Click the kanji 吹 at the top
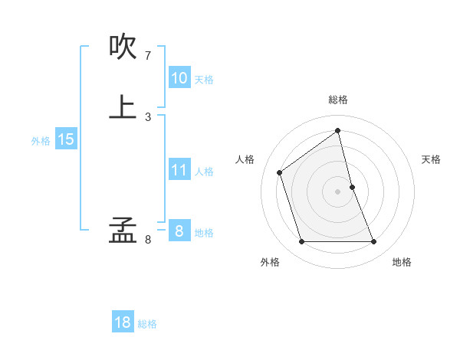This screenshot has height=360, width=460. [x=123, y=47]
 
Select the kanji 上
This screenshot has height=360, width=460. [x=123, y=106]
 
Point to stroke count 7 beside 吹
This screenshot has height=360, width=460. [x=147, y=56]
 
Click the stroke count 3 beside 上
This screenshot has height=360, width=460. [x=147, y=116]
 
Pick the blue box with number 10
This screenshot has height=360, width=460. [x=179, y=78]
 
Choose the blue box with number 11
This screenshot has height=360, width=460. [x=179, y=170]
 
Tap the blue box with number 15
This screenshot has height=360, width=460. [x=66, y=139]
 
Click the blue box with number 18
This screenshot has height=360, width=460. [x=123, y=322]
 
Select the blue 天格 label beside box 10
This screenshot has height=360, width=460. [x=204, y=80]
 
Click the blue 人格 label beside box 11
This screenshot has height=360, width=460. [x=205, y=172]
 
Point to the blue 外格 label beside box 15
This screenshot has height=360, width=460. [x=41, y=141]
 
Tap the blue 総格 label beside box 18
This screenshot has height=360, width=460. [x=147, y=324]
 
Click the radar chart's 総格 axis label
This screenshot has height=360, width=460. [x=338, y=100]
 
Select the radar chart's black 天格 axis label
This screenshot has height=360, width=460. [x=432, y=159]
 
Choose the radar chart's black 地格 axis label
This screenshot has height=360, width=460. [x=402, y=262]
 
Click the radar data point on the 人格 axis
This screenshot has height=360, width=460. [x=280, y=172]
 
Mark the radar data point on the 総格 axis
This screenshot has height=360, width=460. [x=338, y=130]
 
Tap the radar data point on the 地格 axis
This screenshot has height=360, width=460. [x=374, y=242]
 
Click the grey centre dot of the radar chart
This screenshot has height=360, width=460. [x=338, y=191]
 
